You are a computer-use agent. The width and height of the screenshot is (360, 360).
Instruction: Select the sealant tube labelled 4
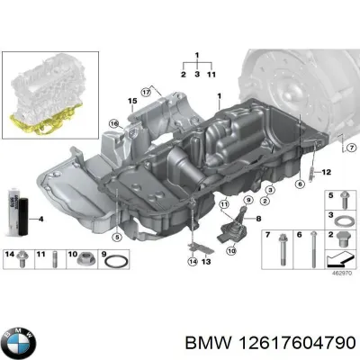14,217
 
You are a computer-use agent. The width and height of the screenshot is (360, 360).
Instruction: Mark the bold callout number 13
206,262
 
